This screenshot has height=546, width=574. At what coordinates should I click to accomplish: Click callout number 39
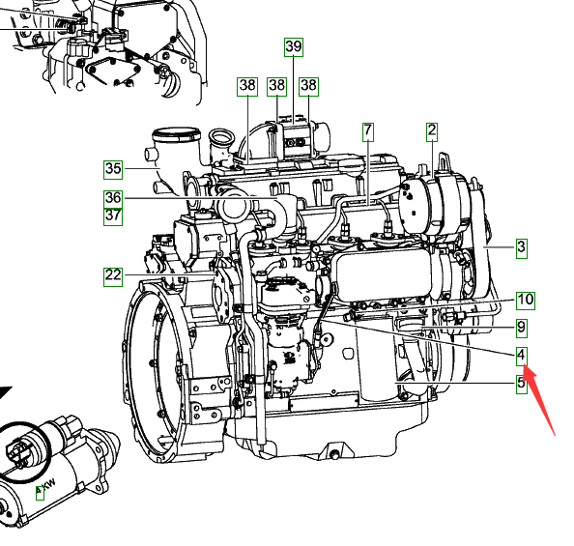(294, 47)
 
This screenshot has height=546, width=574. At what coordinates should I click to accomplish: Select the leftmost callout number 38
(247, 86)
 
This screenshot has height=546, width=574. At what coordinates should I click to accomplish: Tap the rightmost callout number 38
(308, 86)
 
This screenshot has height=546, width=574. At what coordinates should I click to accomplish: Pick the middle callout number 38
(276, 86)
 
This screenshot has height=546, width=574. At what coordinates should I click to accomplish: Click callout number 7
(368, 131)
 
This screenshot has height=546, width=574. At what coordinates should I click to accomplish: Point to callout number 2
(432, 131)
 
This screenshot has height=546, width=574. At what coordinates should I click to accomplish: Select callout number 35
(113, 169)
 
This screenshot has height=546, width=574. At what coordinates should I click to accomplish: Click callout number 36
(113, 198)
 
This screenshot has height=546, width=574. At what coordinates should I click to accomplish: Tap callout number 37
(113, 216)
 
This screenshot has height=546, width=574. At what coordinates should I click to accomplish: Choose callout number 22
(113, 276)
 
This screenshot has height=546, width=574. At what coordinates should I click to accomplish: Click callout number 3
(522, 248)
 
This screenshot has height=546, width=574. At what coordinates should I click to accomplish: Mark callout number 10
(526, 301)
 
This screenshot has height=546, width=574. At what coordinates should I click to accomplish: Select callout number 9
(522, 328)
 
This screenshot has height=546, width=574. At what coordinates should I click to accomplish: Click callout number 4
(522, 356)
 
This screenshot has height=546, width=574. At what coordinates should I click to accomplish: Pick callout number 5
(522, 385)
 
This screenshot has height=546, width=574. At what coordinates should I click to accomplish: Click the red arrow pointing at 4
(539, 399)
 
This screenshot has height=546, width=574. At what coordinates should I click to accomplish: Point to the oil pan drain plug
(333, 455)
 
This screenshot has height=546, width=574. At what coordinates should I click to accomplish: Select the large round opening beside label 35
(177, 133)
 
